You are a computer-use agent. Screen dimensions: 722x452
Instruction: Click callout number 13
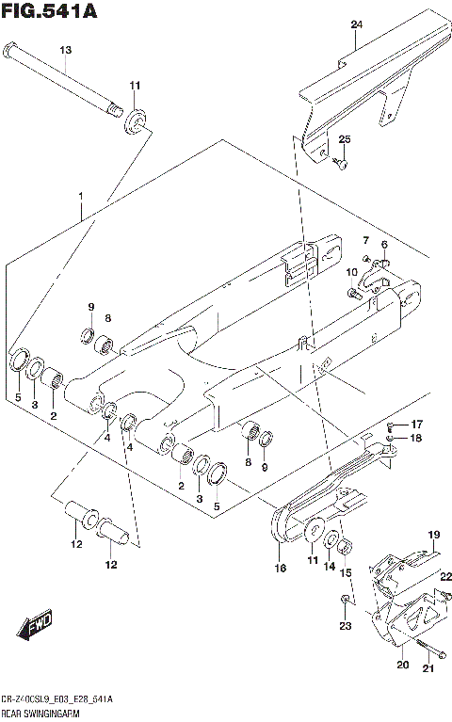tap(65, 50)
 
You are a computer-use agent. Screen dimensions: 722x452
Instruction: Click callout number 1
tap(81, 197)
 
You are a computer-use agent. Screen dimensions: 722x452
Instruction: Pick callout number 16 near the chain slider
tap(279, 568)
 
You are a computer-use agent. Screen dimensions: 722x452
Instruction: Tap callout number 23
tap(346, 625)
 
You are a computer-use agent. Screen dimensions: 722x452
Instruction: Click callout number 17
tap(416, 424)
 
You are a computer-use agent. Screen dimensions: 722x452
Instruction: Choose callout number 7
tap(365, 242)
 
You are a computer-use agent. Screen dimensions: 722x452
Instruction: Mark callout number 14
tap(330, 568)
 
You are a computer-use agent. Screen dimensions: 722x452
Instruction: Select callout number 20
tap(402, 666)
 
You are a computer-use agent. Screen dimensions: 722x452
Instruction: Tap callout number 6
tap(384, 245)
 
